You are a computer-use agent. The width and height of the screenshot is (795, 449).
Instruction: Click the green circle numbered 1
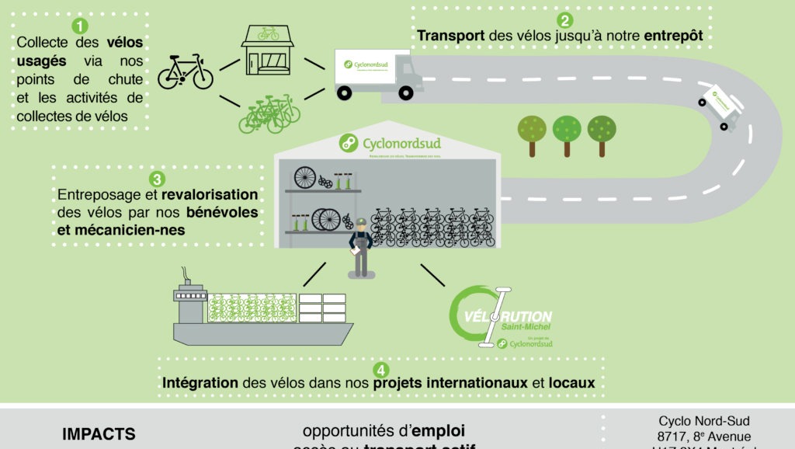pos(80,25)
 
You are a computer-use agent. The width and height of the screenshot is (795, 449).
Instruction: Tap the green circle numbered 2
pos(566,21)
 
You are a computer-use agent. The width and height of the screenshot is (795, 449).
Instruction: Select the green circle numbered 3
pos(156,179)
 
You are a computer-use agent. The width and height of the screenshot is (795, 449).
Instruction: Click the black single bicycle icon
pos(186,71)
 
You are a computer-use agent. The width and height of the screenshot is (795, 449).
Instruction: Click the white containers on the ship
pos(321,308)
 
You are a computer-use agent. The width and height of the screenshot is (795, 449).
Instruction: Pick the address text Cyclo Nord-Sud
pos(704,421)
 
